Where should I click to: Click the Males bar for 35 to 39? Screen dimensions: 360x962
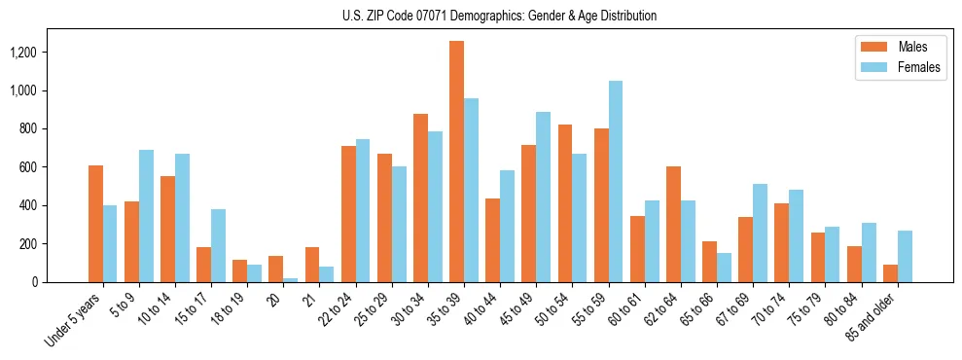coord(456,162)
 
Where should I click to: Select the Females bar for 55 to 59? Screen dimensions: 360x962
coord(616,181)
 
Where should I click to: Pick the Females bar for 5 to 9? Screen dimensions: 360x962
coord(146,216)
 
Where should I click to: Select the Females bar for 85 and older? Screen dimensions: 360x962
coord(905,256)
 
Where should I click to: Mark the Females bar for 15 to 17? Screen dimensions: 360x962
coord(218,245)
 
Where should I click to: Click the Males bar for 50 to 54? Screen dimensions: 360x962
coord(565,203)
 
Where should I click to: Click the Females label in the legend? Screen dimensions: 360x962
coord(919,67)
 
